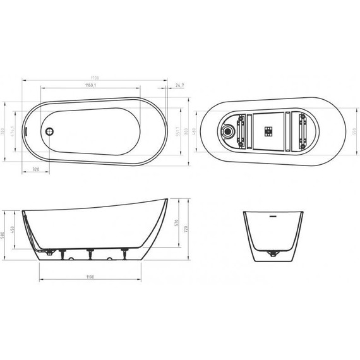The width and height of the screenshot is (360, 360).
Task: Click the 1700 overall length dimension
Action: point(94,78)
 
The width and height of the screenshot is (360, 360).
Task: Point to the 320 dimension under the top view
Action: point(36,171)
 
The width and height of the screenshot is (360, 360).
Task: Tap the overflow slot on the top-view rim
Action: point(27,132)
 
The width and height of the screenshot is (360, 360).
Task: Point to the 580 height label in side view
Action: point(4,235)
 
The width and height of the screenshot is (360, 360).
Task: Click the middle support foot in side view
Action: point(90,254)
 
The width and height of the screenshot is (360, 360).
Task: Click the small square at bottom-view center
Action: point(269,131)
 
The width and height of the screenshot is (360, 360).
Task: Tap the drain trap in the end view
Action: point(273,255)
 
